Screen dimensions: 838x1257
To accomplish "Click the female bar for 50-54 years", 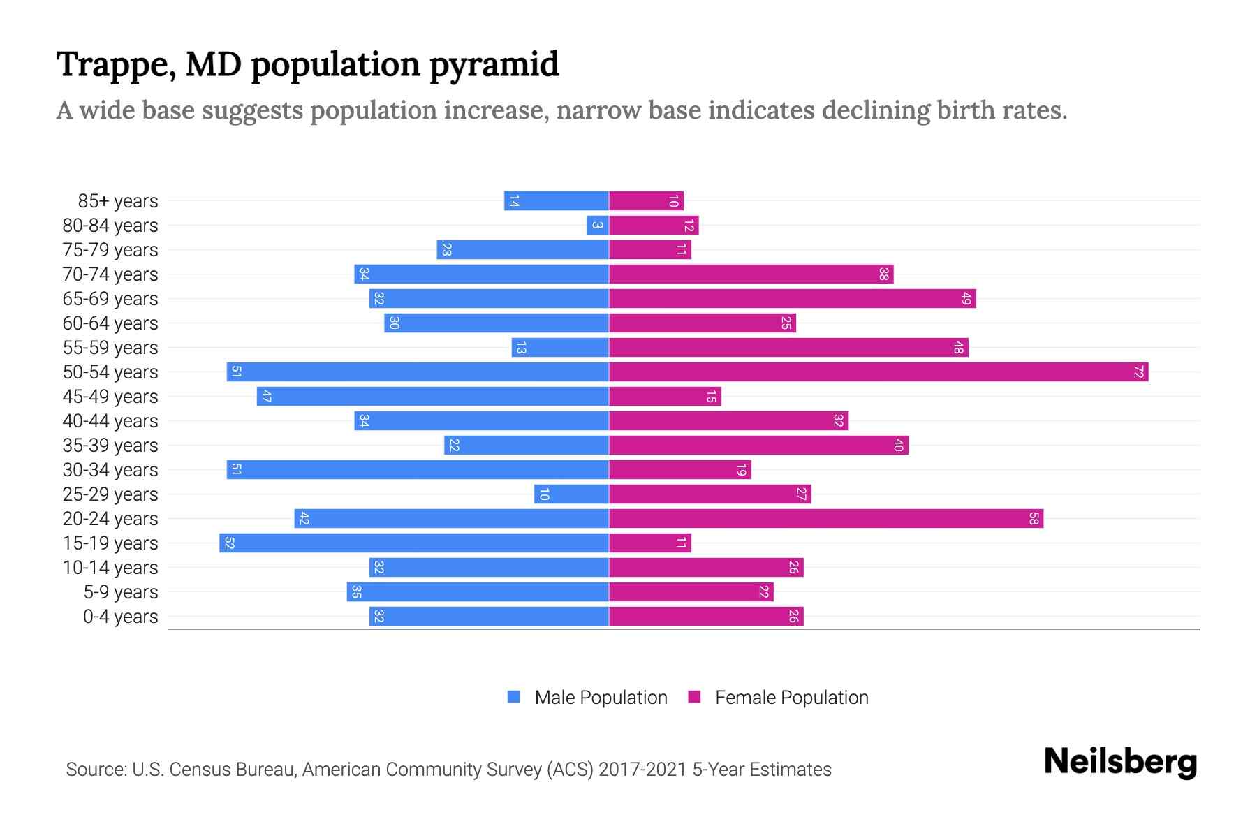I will pyautogui.click(x=879, y=372).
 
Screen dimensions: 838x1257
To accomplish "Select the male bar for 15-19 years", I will pyautogui.click(x=414, y=543).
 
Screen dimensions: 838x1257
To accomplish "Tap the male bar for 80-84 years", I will pyautogui.click(x=598, y=226).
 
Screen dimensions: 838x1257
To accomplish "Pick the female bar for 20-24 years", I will pyautogui.click(x=826, y=519).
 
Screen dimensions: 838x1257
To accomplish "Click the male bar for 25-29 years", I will pyautogui.click(x=571, y=494).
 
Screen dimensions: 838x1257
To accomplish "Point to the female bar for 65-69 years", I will pyautogui.click(x=793, y=299).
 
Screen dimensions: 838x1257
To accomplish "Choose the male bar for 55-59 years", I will pyautogui.click(x=560, y=348).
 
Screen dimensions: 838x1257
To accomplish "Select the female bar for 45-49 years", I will pyautogui.click(x=665, y=397).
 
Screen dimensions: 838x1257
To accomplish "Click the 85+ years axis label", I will pyautogui.click(x=118, y=201).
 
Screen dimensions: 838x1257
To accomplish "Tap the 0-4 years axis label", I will pyautogui.click(x=120, y=617).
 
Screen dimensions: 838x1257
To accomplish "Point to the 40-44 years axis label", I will pyautogui.click(x=110, y=421).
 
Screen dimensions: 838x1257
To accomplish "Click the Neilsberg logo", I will pyautogui.click(x=1120, y=762).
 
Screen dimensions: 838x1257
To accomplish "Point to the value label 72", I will pyautogui.click(x=1138, y=372).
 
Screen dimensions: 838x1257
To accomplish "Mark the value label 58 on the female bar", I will pyautogui.click(x=1034, y=519).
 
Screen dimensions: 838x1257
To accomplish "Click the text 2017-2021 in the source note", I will pyautogui.click(x=642, y=770).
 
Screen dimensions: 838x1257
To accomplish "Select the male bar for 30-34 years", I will pyautogui.click(x=418, y=470).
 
